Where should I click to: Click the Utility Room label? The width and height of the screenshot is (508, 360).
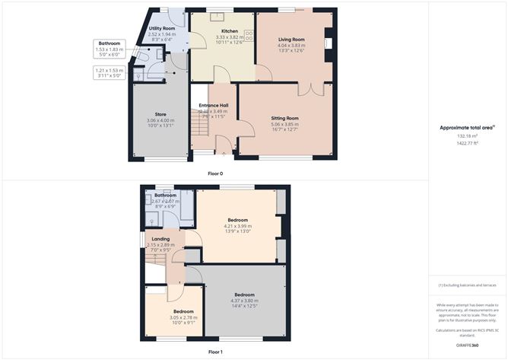(x=161, y=28)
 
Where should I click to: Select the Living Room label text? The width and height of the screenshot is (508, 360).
(x=291, y=39)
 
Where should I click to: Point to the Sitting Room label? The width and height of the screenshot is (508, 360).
(x=285, y=119)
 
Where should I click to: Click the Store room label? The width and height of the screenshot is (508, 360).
(x=160, y=114)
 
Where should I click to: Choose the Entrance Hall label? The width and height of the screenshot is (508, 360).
(x=214, y=105)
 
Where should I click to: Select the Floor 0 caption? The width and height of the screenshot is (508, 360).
(x=215, y=174)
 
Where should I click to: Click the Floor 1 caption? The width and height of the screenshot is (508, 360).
(x=215, y=352)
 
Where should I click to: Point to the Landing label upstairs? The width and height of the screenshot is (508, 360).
(x=160, y=239)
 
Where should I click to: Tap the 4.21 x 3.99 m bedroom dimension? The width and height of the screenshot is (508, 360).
(x=237, y=226)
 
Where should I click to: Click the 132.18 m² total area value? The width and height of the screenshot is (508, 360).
(x=467, y=136)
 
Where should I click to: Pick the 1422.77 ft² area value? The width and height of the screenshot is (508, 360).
(x=467, y=143)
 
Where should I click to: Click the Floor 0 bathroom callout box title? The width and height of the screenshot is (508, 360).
(x=111, y=43)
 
